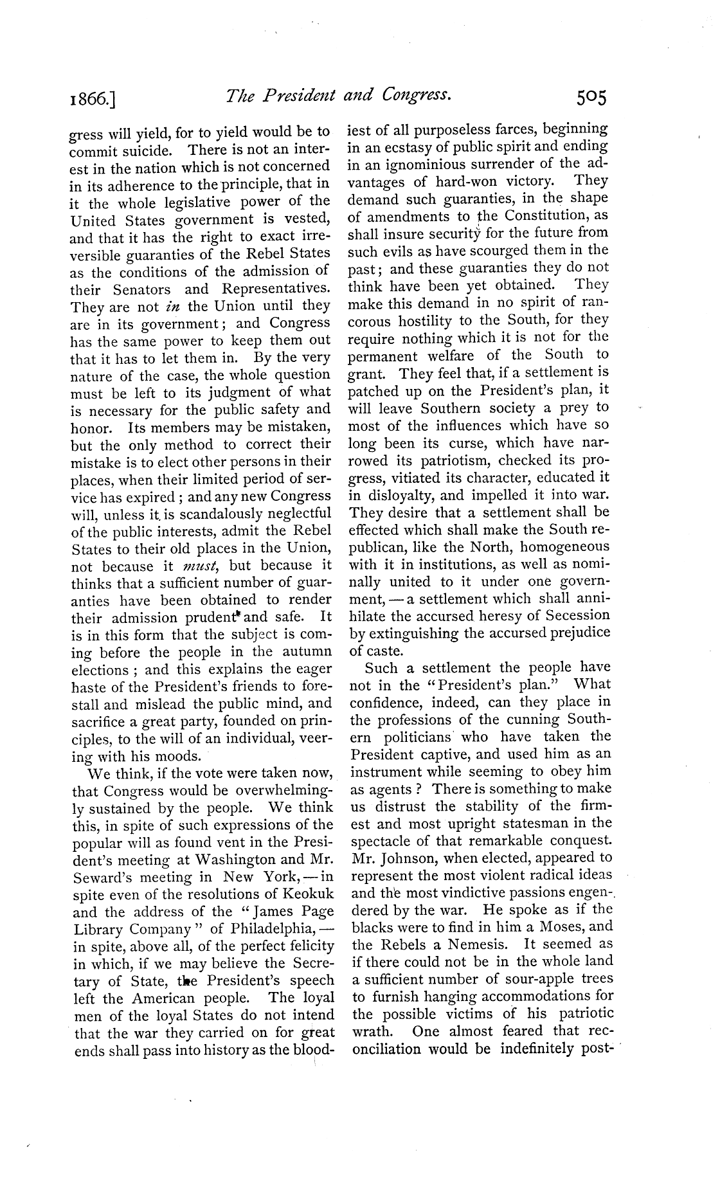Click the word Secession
tap(575, 616)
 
